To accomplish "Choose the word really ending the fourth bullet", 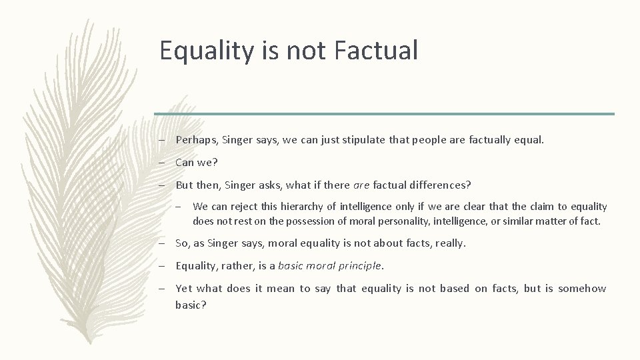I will coord(450,243).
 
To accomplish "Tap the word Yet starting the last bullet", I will coord(185,288).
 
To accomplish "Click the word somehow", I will coord(582,288).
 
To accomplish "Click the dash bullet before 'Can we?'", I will coord(162,162).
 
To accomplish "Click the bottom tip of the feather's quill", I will coord(104,344).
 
